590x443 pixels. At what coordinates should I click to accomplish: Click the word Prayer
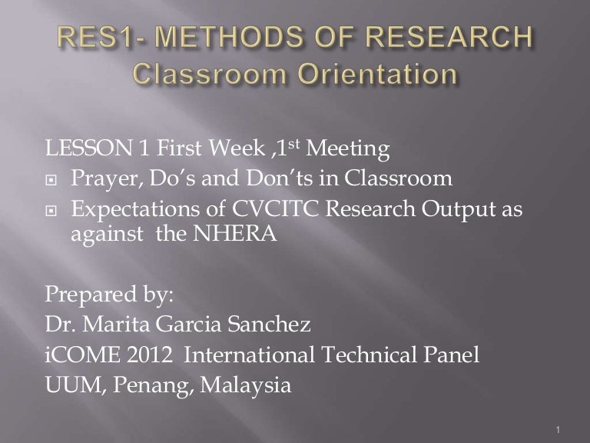103,179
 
